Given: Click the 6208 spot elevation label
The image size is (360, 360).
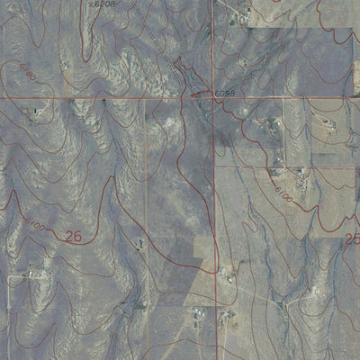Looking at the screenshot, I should click(x=105, y=4).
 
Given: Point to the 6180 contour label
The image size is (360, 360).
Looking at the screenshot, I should click(x=28, y=72).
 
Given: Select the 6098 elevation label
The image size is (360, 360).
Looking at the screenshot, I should click(x=226, y=94).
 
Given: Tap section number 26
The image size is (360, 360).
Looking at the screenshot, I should click(x=76, y=237).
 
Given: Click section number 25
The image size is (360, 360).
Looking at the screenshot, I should click(x=352, y=239).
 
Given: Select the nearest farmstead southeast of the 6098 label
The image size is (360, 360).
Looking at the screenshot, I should click(x=267, y=121).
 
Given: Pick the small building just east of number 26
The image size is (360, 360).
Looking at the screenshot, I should click(x=139, y=243).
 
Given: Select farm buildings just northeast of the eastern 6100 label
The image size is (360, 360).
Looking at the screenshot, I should click(x=302, y=180).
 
